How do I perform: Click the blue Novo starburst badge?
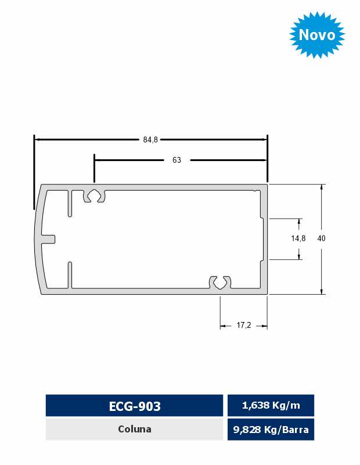tap(317, 35)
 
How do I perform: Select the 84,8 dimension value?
tap(150, 139)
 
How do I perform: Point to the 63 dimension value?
tap(177, 160)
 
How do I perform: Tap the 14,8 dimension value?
tap(298, 238)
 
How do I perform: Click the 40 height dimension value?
tap(321, 238)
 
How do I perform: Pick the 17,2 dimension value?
tap(243, 325)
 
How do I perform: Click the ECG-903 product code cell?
tap(134, 405)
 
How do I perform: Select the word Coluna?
tap(135, 429)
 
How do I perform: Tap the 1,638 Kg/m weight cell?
tap(271, 405)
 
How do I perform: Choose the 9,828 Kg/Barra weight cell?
tap(271, 429)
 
